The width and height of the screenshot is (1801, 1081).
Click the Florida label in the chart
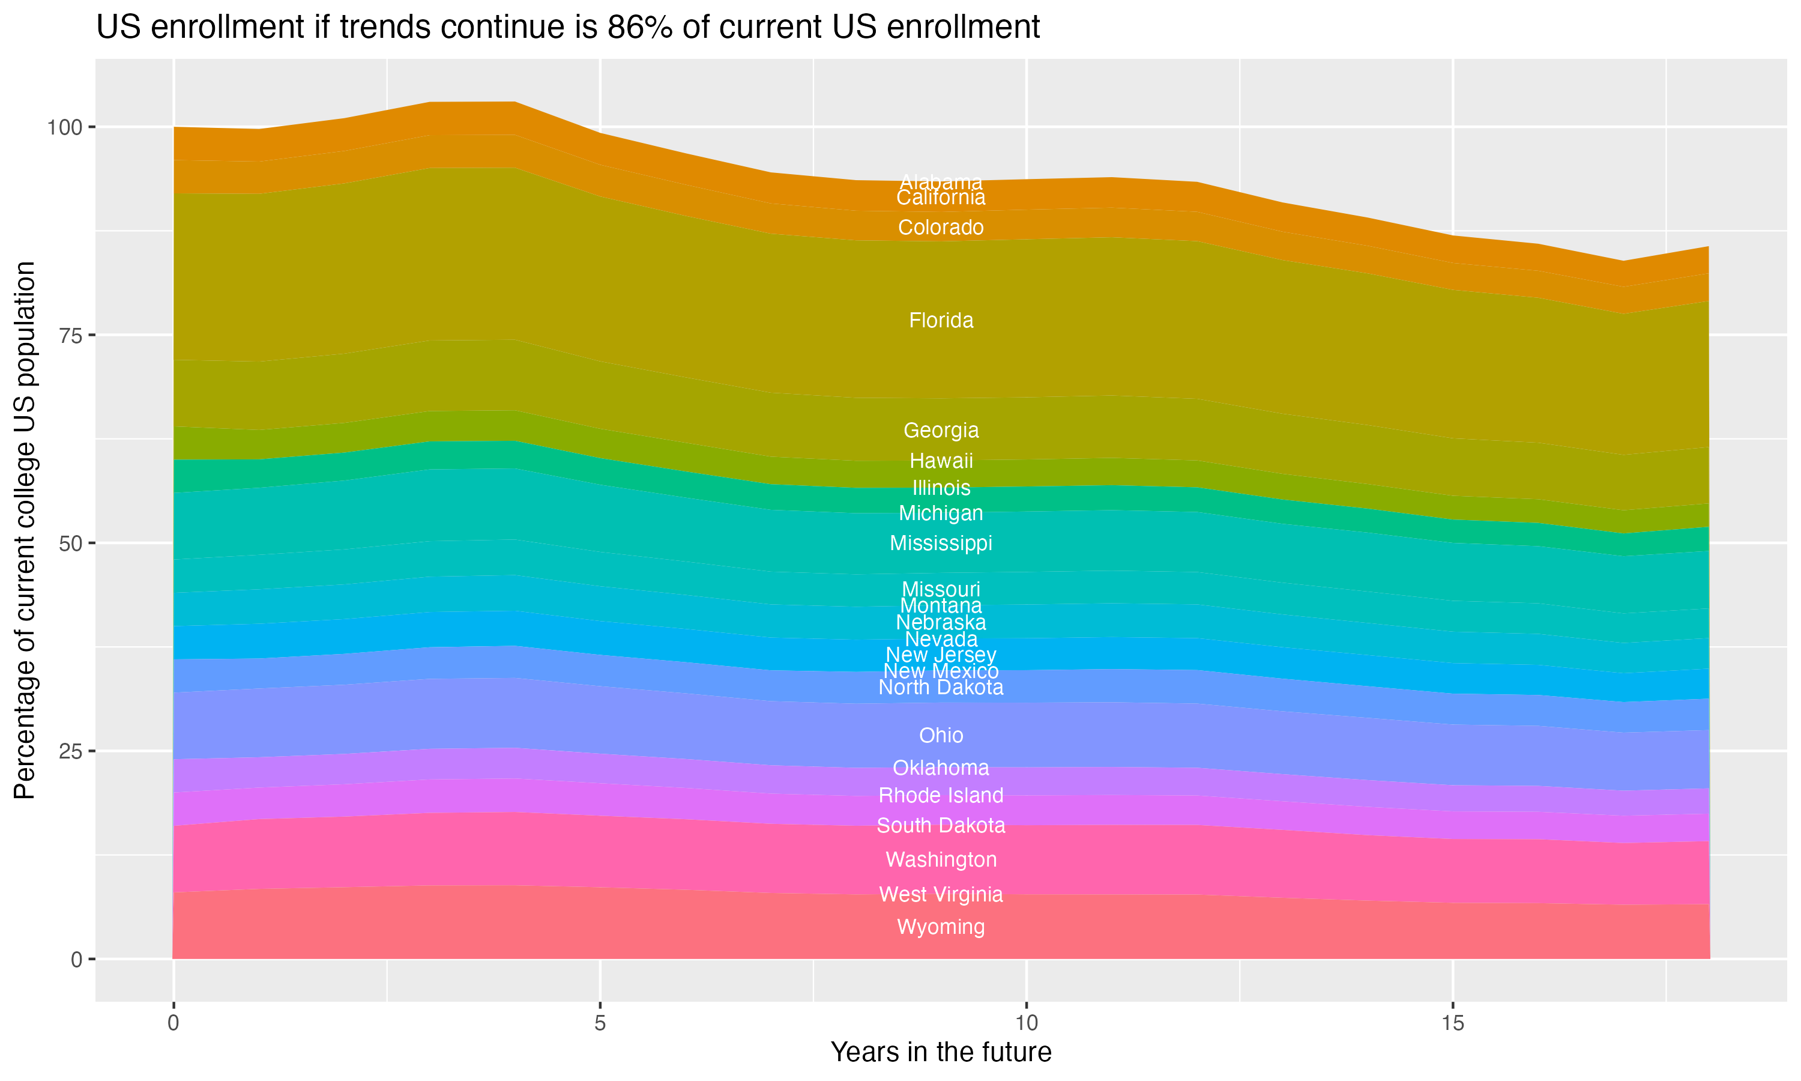pos(941,321)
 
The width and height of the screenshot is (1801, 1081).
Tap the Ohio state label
pos(941,735)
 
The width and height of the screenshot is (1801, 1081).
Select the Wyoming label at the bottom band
pos(941,927)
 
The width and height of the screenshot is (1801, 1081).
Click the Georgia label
pos(941,430)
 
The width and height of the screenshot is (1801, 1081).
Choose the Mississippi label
pos(941,543)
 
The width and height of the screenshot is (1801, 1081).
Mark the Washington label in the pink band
pos(941,859)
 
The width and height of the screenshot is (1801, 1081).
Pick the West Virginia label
pos(941,894)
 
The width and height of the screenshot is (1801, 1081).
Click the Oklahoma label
pos(941,768)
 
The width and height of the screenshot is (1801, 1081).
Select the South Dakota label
pos(941,825)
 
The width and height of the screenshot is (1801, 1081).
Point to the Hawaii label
pos(941,461)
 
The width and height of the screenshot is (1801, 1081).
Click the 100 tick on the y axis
pos(63,127)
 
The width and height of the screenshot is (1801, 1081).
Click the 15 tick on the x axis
pos(1452,1023)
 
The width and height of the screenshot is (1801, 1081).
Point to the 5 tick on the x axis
pos(600,1023)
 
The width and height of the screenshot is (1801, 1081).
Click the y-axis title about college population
pos(25,530)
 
